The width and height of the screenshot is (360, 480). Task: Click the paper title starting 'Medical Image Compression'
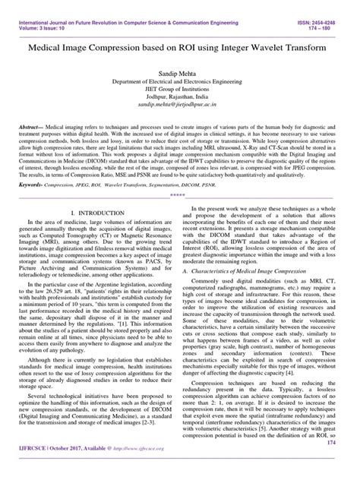(x=180, y=49)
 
